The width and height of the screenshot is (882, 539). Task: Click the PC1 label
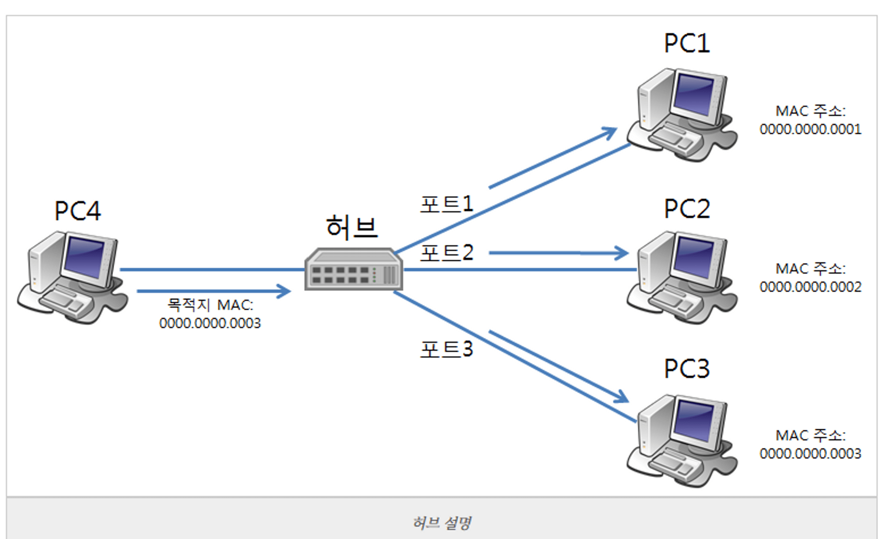click(687, 44)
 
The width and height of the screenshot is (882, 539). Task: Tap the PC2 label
click(687, 208)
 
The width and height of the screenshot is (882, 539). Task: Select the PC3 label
click(687, 368)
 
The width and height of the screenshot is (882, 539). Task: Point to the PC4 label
click(78, 211)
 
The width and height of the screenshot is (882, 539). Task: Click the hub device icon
click(354, 269)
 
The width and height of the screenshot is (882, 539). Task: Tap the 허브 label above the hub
click(351, 227)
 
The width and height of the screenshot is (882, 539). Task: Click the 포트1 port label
click(446, 204)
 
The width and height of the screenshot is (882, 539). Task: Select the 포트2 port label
click(446, 253)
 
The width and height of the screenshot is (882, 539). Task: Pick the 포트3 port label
click(446, 349)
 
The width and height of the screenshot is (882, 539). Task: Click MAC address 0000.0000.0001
click(810, 129)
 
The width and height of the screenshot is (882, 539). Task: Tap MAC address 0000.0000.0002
click(810, 287)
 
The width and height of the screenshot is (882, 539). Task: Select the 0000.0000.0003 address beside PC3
click(810, 454)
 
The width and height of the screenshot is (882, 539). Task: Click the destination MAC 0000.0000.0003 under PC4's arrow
click(210, 323)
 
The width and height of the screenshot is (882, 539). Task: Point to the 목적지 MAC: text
click(210, 305)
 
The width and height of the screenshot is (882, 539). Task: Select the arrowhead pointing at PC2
click(623, 253)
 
